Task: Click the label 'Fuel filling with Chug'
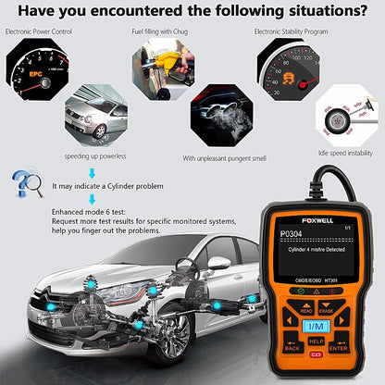(162, 31)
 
